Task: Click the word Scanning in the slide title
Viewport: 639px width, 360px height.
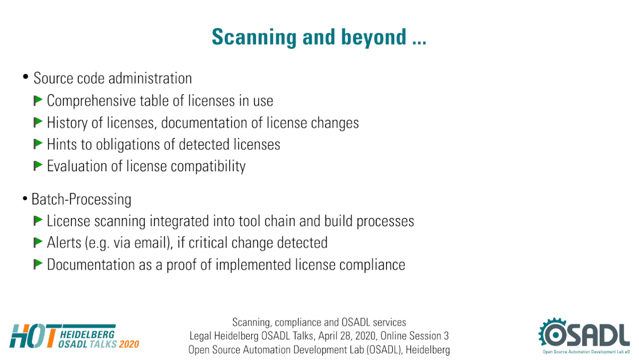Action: pyautogui.click(x=254, y=37)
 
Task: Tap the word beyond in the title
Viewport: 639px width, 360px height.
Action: pyautogui.click(x=374, y=37)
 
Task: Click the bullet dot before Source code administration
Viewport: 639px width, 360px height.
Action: pyautogui.click(x=26, y=77)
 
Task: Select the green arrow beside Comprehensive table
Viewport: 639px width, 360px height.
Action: pyautogui.click(x=38, y=100)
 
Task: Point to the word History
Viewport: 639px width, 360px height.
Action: pyautogui.click(x=67, y=122)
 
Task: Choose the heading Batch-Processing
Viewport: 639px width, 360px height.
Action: pyautogui.click(x=81, y=199)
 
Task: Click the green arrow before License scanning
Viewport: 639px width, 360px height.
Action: pyautogui.click(x=38, y=221)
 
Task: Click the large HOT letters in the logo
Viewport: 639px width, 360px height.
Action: pyautogui.click(x=33, y=336)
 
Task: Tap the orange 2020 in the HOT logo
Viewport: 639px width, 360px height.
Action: pyautogui.click(x=129, y=344)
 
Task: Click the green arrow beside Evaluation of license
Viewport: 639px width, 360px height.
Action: pyautogui.click(x=38, y=166)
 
